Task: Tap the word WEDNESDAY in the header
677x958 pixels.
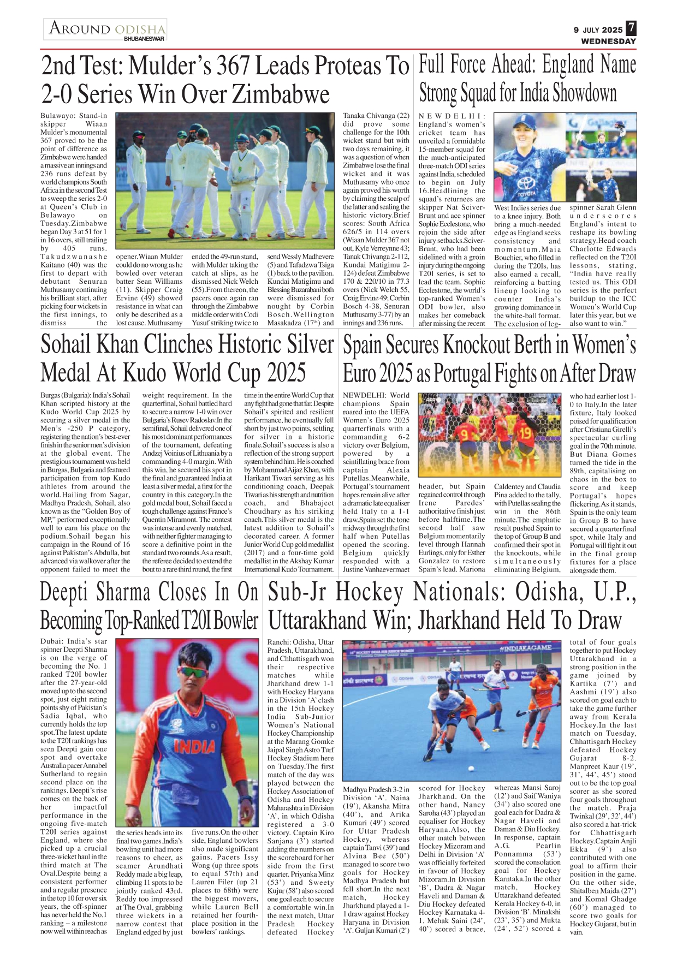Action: pos(608,41)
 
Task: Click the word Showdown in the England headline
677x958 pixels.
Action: pos(585,93)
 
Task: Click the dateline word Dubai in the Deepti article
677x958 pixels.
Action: pos(51,641)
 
